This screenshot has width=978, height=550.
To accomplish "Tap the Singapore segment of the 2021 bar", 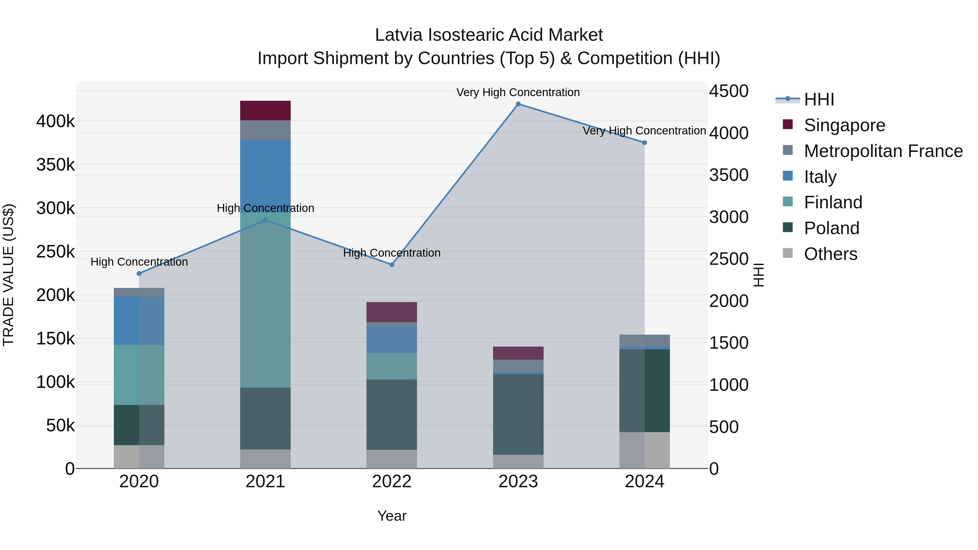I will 265,111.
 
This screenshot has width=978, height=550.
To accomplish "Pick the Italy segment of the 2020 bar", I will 139,321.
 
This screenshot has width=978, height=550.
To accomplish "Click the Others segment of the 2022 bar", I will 391,459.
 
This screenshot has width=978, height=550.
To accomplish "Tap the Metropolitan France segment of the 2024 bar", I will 644,341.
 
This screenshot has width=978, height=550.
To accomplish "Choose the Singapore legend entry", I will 844,125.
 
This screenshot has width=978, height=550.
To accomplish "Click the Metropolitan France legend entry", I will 883,151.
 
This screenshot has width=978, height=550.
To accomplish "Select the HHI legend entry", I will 819,99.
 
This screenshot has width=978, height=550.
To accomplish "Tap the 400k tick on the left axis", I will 55,122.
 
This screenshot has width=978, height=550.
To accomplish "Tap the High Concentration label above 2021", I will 265,208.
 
